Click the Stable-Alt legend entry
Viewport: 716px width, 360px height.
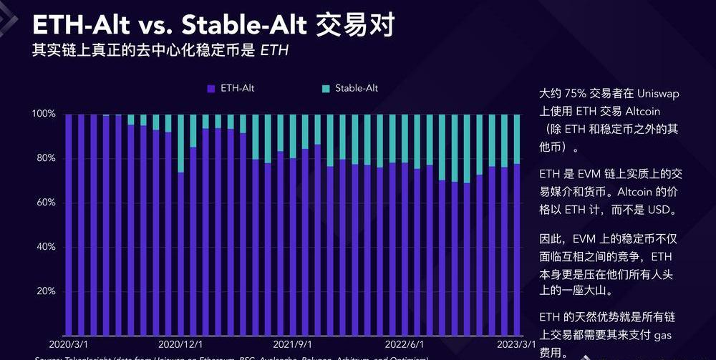[351, 89]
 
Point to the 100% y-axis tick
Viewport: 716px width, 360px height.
[44, 115]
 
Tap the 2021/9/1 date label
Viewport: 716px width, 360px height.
[292, 344]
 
